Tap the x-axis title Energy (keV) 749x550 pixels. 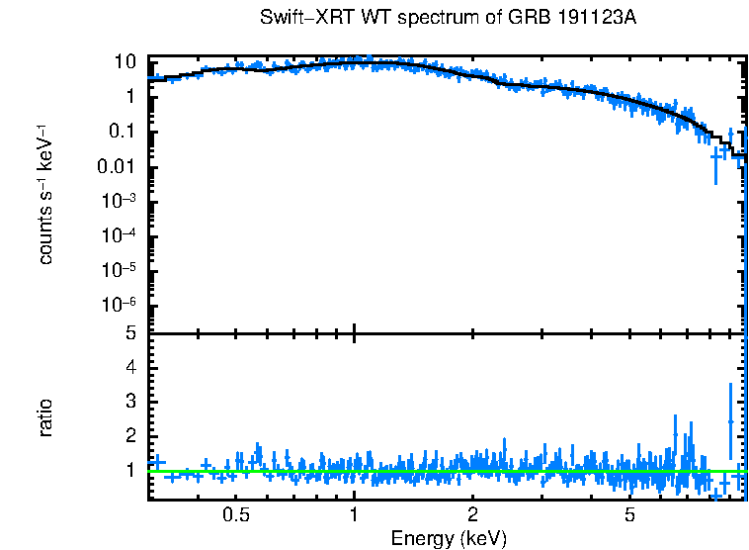449,538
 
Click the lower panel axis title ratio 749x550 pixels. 45,417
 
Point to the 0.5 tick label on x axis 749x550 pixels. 235,515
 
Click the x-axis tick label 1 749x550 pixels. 354,515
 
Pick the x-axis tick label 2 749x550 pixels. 473,515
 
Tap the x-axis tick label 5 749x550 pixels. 630,515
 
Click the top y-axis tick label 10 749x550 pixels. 125,61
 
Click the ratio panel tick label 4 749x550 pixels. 129,367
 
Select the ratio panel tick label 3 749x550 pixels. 129,402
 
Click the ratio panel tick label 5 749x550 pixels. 129,333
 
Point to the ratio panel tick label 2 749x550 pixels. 129,436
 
